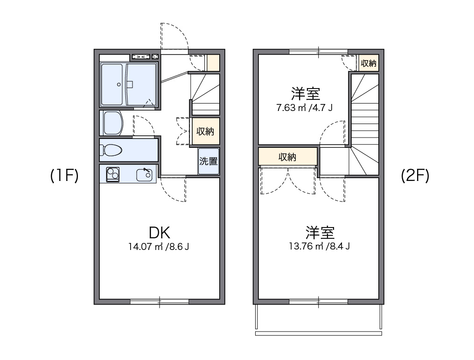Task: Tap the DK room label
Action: click(x=159, y=232)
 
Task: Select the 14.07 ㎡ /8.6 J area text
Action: click(x=159, y=247)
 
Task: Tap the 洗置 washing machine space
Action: click(x=208, y=161)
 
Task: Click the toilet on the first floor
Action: click(x=112, y=150)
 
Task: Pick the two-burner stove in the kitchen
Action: click(x=112, y=174)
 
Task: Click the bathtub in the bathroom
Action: click(x=112, y=85)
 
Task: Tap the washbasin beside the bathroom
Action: click(x=112, y=123)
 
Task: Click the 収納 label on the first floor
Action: click(x=205, y=132)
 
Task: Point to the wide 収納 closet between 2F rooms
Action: click(x=288, y=157)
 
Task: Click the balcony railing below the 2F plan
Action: click(x=319, y=333)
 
